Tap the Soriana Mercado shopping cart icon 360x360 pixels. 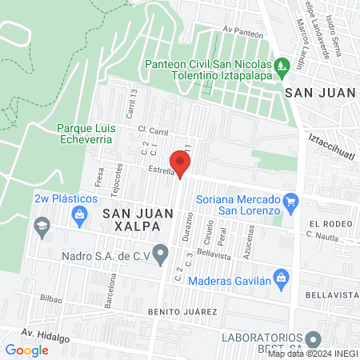[x=291, y=199]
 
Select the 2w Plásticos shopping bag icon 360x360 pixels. [x=79, y=214]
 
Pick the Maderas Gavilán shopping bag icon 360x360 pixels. [x=280, y=277]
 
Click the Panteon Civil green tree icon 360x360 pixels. [x=281, y=64]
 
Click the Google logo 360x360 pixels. [x=26, y=350]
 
